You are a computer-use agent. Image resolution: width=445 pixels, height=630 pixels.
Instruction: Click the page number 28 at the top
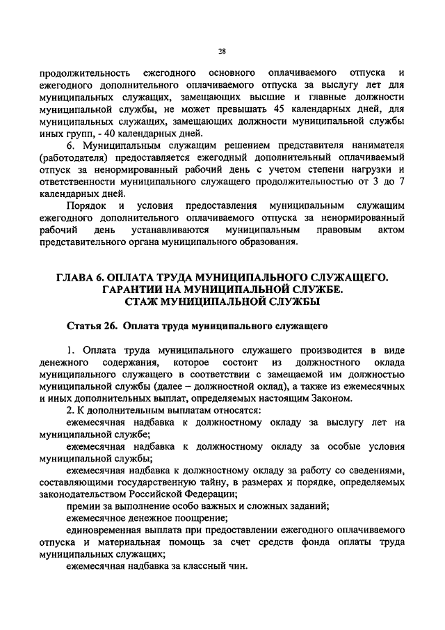click(x=222, y=51)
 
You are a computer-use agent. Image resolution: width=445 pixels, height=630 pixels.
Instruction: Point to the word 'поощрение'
click(x=204, y=518)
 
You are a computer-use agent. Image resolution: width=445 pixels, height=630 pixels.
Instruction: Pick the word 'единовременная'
click(x=102, y=530)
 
